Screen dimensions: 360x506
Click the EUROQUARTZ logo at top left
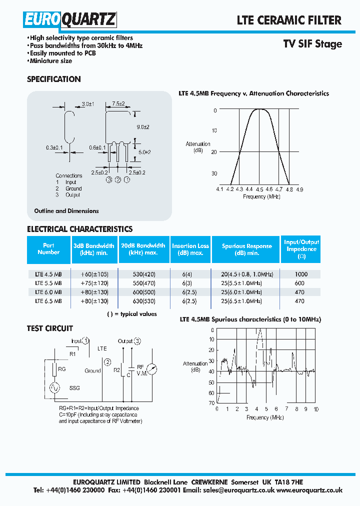point(69,20)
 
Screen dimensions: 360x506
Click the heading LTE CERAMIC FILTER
point(289,20)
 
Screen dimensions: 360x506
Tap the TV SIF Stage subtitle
point(312,44)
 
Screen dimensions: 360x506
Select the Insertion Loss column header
point(190,249)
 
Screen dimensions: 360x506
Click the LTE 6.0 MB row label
point(48,292)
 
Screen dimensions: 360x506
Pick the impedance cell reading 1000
point(301,274)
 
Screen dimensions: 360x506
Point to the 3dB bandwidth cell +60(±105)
point(94,274)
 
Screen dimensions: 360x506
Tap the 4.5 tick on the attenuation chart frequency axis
point(259,189)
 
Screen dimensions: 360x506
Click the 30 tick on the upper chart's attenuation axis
point(214,173)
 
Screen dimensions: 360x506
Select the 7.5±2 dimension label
point(118,104)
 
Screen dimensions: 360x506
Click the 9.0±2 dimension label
point(143,127)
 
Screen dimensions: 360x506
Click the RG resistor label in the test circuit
point(62,369)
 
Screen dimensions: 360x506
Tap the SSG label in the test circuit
point(74,388)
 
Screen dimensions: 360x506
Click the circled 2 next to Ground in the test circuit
point(106,361)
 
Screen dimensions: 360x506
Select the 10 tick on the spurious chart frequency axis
point(316,409)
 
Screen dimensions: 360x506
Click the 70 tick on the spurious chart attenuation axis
point(211,403)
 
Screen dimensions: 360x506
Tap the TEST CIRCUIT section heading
point(50,328)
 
